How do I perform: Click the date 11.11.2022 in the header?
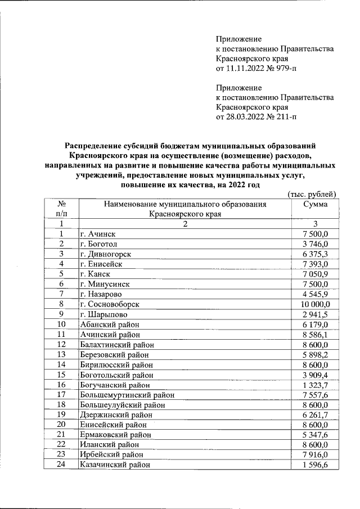pyautogui.click(x=245, y=69)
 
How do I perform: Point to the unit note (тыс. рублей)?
pyautogui.click(x=311, y=195)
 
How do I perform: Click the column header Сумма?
pyautogui.click(x=315, y=205)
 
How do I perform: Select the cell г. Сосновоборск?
pyautogui.click(x=110, y=304)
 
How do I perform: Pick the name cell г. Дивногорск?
pyautogui.click(x=105, y=254)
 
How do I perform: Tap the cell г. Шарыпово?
pyautogui.click(x=104, y=314)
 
